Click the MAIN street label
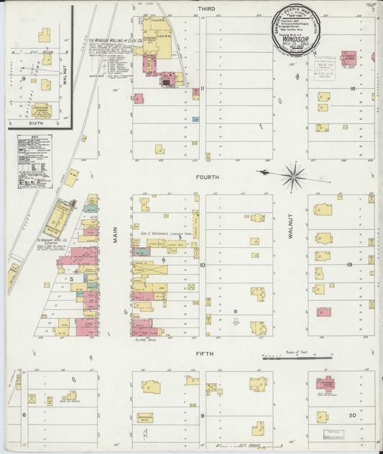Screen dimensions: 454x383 tap(114, 233)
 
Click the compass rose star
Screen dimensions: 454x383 tap(293, 175)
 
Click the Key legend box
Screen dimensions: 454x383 tap(34, 160)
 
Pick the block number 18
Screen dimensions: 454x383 tap(353, 89)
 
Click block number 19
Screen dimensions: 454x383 tap(350, 265)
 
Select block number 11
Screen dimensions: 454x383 tap(203, 89)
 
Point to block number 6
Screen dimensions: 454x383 tap(24, 415)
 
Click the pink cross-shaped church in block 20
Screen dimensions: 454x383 tap(326, 384)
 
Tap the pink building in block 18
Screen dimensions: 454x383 tap(349, 58)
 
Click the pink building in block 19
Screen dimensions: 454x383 tap(324, 312)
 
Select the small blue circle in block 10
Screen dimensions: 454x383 tap(236, 323)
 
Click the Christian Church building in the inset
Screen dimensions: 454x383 tap(40, 110)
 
